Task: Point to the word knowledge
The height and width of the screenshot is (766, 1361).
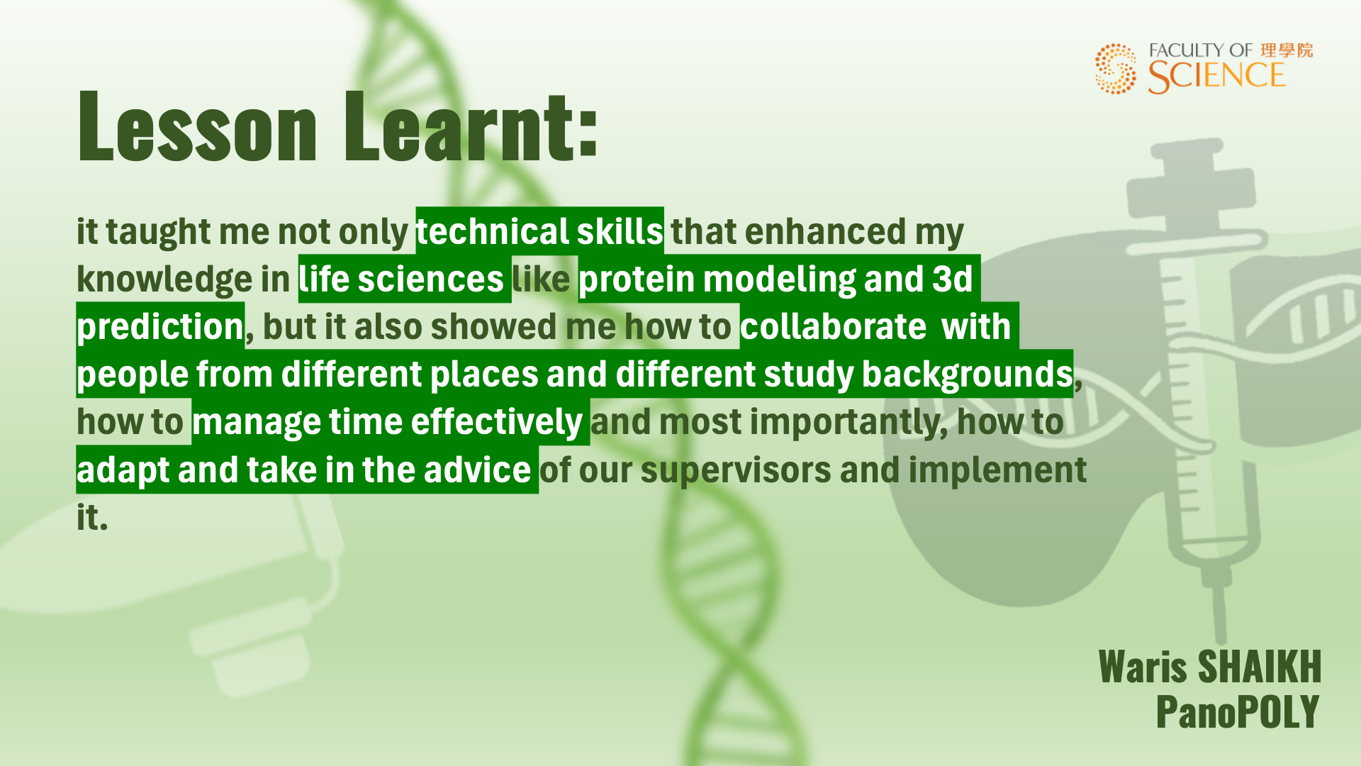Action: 164,279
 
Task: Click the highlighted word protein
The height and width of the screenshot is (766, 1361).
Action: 637,279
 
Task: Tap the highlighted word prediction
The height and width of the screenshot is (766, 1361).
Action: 160,327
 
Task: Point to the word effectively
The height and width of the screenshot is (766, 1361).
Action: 496,422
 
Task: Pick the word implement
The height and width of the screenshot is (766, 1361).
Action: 997,470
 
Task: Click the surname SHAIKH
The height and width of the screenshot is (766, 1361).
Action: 1259,667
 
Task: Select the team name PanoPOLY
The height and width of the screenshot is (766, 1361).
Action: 1238,711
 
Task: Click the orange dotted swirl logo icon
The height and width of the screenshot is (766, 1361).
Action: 1116,69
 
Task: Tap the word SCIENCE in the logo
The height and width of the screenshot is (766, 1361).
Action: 1216,77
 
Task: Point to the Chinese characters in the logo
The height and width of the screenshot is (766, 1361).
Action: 1287,50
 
